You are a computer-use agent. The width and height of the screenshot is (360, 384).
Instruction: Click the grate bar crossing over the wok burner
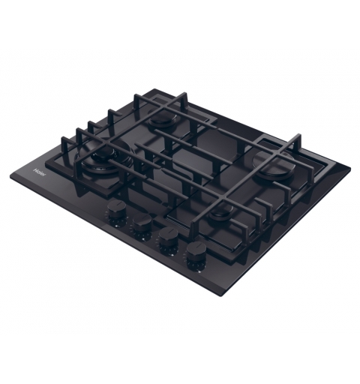[x=112, y=153]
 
